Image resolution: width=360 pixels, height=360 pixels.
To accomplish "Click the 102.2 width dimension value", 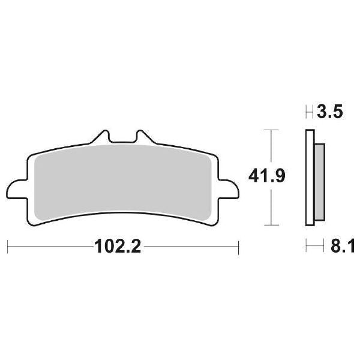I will [117, 247].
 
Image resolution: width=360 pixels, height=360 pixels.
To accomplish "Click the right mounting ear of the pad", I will [227, 187].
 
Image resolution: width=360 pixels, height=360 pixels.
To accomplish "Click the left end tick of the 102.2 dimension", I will [7, 247].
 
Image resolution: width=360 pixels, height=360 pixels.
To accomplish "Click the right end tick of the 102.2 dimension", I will [239, 247].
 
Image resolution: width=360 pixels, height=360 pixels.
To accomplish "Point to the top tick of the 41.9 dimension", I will [272, 130].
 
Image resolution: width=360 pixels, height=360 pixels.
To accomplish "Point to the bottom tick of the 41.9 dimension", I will [272, 226].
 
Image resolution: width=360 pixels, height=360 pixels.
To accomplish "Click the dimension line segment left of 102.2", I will [48, 247].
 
